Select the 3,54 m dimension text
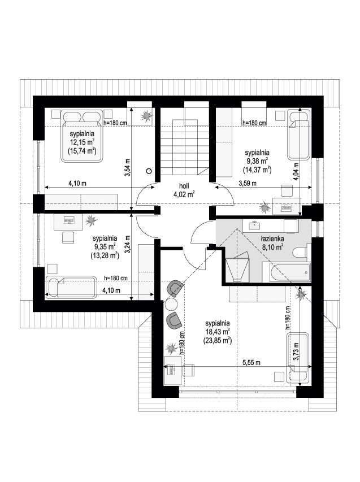click(x=127, y=168)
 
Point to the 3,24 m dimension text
click(x=127, y=244)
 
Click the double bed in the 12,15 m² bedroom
click(x=82, y=135)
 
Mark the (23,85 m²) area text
click(x=217, y=341)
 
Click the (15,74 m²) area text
click(x=82, y=151)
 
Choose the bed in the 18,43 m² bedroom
click(x=298, y=358)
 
